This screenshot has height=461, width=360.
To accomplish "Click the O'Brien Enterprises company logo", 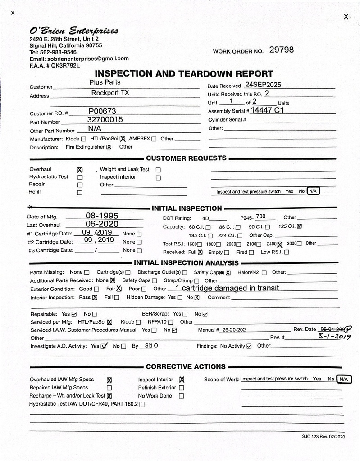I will (x=74, y=31).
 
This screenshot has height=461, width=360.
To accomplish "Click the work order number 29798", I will (x=281, y=50).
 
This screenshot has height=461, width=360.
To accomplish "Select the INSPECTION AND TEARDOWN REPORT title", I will (x=184, y=74).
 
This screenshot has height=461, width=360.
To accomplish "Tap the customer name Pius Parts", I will (x=105, y=82).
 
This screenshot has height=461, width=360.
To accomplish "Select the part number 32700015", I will (x=105, y=120).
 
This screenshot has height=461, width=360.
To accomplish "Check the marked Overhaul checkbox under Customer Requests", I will (x=80, y=170).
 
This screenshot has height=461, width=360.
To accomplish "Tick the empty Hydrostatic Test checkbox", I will (x=80, y=177).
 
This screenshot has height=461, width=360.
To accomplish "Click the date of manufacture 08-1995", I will (x=102, y=216).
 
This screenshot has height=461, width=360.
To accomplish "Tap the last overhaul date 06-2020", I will (x=102, y=224).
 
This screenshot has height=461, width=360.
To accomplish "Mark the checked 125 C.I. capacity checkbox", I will (x=300, y=226).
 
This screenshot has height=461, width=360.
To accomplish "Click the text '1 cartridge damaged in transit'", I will (x=227, y=288).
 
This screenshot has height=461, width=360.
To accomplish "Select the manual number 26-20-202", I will (x=234, y=330).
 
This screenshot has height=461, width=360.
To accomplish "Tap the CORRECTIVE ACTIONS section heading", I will (x=185, y=366).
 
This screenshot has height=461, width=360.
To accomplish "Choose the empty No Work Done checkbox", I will (x=181, y=396).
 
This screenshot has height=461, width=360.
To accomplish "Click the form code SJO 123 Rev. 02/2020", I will (x=324, y=436).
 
